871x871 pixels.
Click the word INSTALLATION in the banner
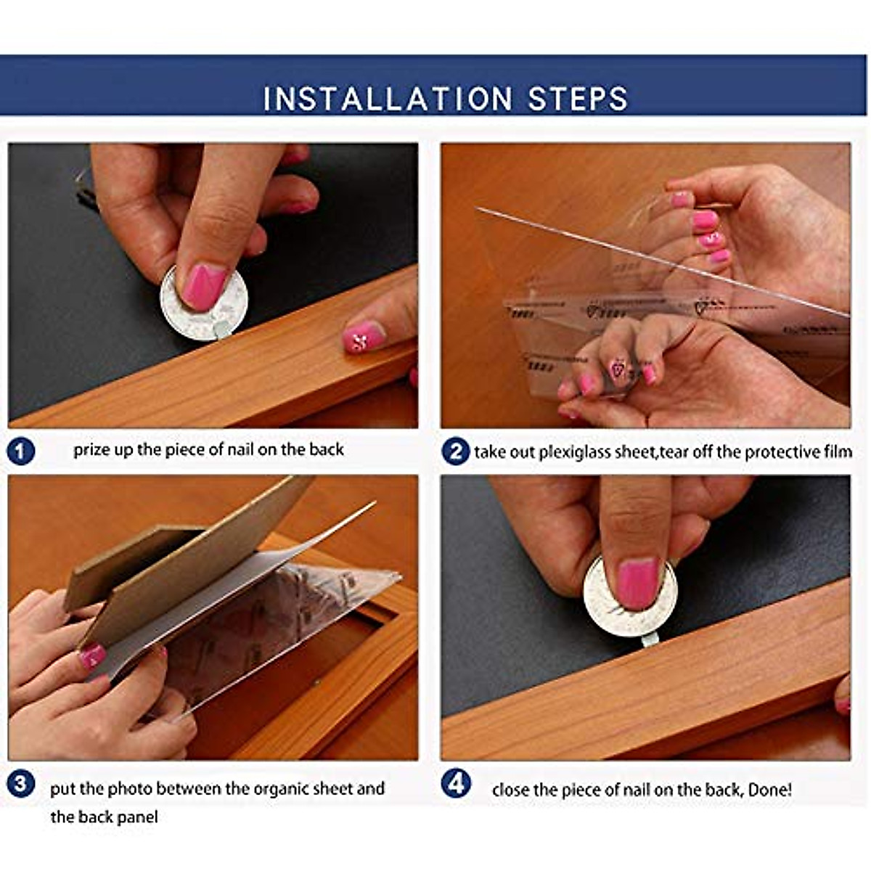[x=388, y=99]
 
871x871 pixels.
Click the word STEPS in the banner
[x=578, y=99]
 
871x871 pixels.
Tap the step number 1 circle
[x=21, y=451]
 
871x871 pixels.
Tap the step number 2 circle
[x=456, y=451]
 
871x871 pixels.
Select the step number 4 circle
[x=456, y=784]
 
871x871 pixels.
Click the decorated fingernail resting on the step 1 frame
[x=364, y=336]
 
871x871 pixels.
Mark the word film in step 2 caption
[x=838, y=451]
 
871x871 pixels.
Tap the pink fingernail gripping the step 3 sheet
[x=93, y=656]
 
